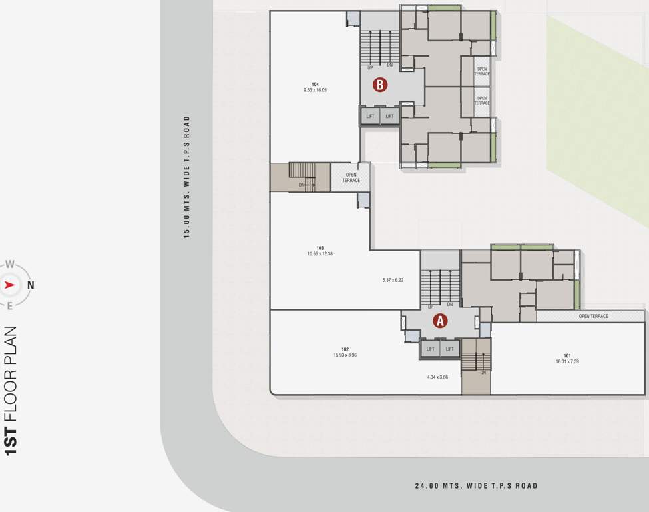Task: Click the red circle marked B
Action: pos(379,85)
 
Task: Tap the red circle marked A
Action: pos(439,321)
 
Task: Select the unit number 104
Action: pos(315,84)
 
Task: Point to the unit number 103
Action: pos(320,248)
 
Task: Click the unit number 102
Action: pos(345,349)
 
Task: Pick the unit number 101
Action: pos(567,356)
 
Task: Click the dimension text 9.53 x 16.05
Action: pos(315,90)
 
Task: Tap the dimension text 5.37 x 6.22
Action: pos(393,280)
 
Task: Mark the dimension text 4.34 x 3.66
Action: pos(438,377)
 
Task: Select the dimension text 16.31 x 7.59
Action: pos(567,362)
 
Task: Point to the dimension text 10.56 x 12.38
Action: pos(320,254)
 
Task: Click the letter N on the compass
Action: pos(31,285)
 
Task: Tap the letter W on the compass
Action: pos(9,264)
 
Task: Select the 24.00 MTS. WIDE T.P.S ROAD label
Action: pos(476,486)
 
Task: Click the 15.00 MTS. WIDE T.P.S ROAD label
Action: pos(187,177)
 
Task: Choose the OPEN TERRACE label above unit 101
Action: pos(593,316)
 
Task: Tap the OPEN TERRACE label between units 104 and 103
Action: pos(351,177)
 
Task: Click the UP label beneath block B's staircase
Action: pos(370,66)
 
